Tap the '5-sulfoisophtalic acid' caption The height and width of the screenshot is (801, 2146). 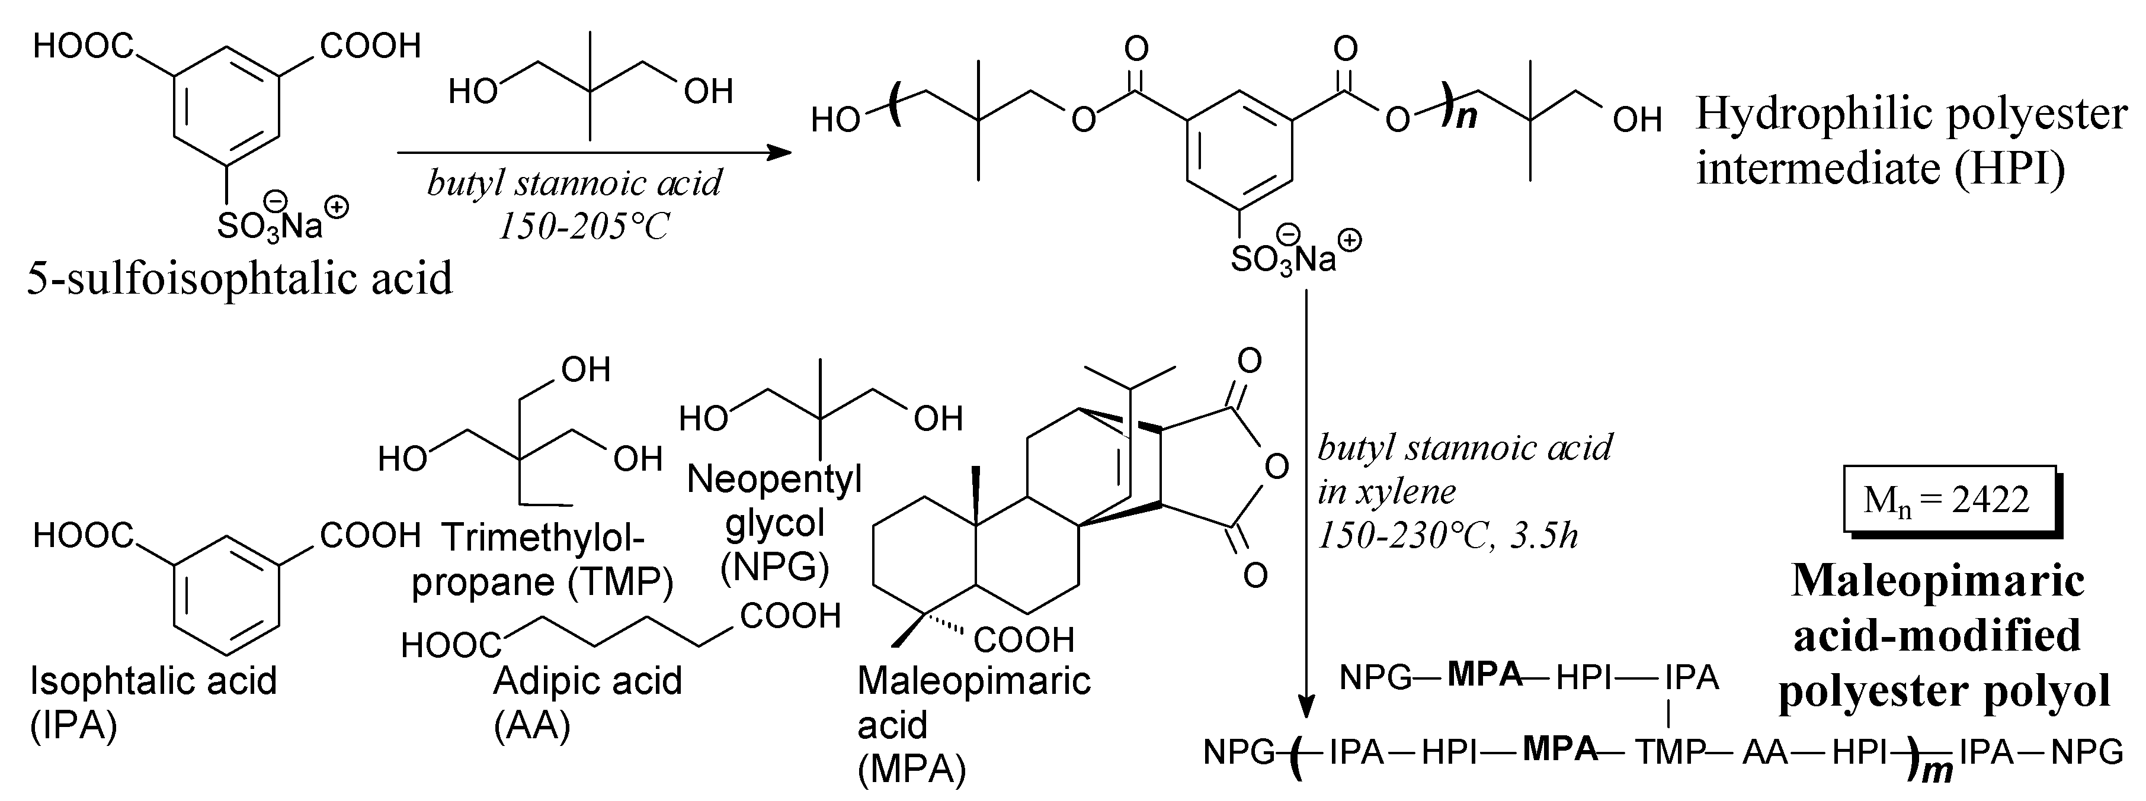pos(240,278)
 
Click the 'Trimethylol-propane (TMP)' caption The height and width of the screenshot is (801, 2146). pos(542,559)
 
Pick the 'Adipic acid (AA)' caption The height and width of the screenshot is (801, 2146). pos(587,703)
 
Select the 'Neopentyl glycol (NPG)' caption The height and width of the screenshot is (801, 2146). pos(775,523)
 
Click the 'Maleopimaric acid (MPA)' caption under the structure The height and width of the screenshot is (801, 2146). pos(973,725)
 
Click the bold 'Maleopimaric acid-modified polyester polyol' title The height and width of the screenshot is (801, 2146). pos(1937,637)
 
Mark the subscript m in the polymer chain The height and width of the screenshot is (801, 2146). pos(1935,772)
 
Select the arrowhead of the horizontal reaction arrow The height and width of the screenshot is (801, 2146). pos(780,152)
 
